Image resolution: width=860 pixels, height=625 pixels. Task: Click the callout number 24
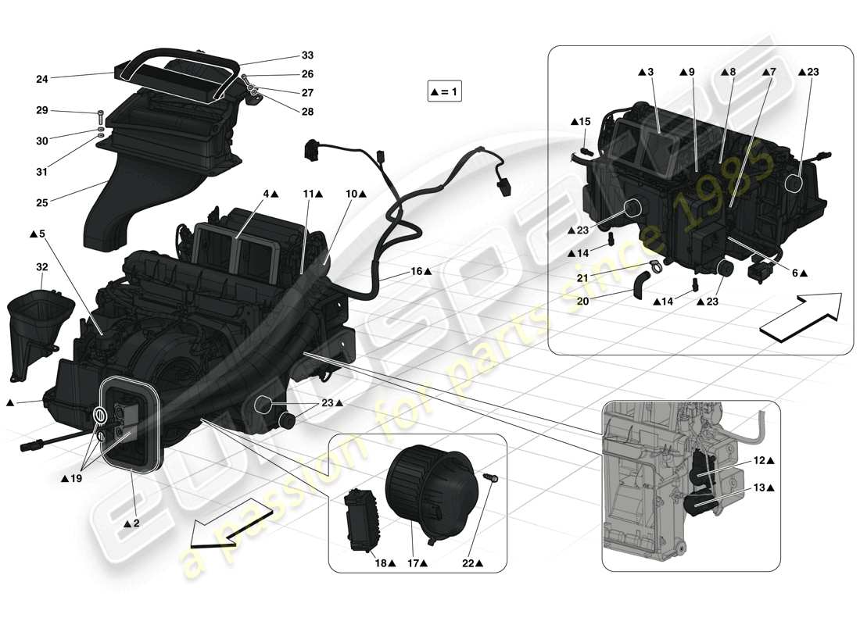click(42, 79)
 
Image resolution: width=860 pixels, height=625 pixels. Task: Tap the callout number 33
click(307, 56)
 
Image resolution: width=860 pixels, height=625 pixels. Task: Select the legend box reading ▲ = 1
click(445, 92)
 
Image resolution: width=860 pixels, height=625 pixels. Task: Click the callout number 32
click(42, 267)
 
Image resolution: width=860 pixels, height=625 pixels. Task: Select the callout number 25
click(42, 202)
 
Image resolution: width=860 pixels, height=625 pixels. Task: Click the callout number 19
click(75, 478)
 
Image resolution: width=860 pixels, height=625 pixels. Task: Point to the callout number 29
click(42, 110)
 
